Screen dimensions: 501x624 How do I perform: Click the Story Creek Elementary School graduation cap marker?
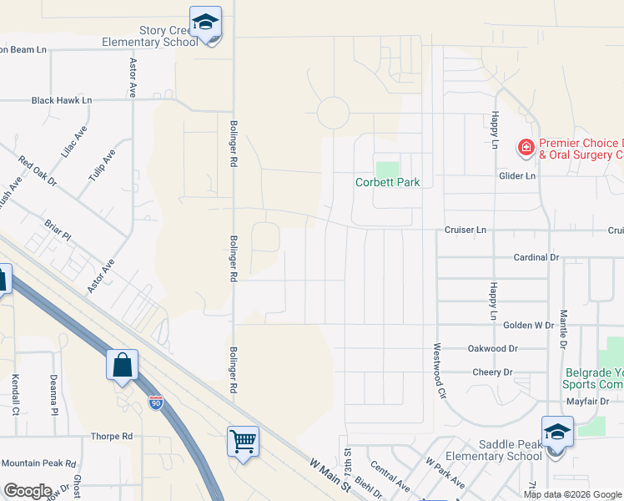(204, 23)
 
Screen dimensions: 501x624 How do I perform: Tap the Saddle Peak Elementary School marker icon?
(556, 433)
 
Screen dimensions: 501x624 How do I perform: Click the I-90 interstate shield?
(156, 403)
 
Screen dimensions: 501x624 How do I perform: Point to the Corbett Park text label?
(387, 182)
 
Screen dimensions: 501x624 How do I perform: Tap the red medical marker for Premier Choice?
(526, 149)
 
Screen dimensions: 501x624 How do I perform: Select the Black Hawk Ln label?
(62, 100)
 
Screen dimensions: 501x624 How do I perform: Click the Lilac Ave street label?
(73, 143)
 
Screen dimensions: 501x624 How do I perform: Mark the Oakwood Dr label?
(494, 349)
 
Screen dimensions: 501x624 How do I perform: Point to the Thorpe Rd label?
(112, 437)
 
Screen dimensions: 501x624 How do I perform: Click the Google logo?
(28, 491)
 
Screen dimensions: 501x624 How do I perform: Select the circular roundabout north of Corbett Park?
(332, 113)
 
